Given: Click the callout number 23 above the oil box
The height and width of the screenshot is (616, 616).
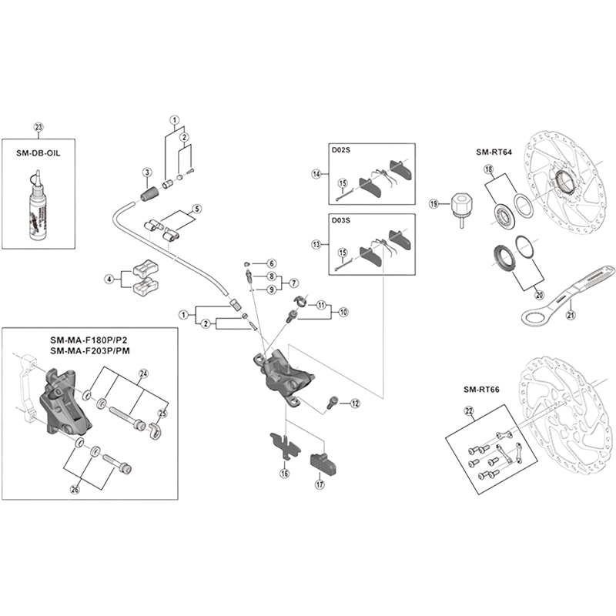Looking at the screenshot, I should (x=40, y=128).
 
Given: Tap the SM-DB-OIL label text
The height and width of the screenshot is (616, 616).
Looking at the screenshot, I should (x=40, y=152).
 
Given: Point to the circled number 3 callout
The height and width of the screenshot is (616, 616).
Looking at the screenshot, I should (x=145, y=171).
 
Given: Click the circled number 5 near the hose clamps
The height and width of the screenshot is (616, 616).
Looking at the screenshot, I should (x=196, y=208).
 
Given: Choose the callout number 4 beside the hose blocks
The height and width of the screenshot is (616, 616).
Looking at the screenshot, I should (x=109, y=279).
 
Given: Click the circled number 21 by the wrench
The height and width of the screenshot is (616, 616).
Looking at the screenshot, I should (x=571, y=314).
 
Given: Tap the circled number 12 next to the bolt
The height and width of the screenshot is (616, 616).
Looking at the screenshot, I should (x=355, y=403).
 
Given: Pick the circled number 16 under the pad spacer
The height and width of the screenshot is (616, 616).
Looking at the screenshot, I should (x=284, y=474).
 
